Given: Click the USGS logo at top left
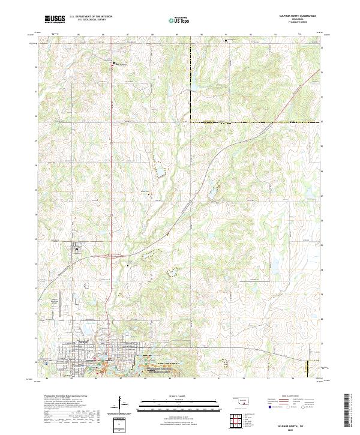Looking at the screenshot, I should click(55, 19).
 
